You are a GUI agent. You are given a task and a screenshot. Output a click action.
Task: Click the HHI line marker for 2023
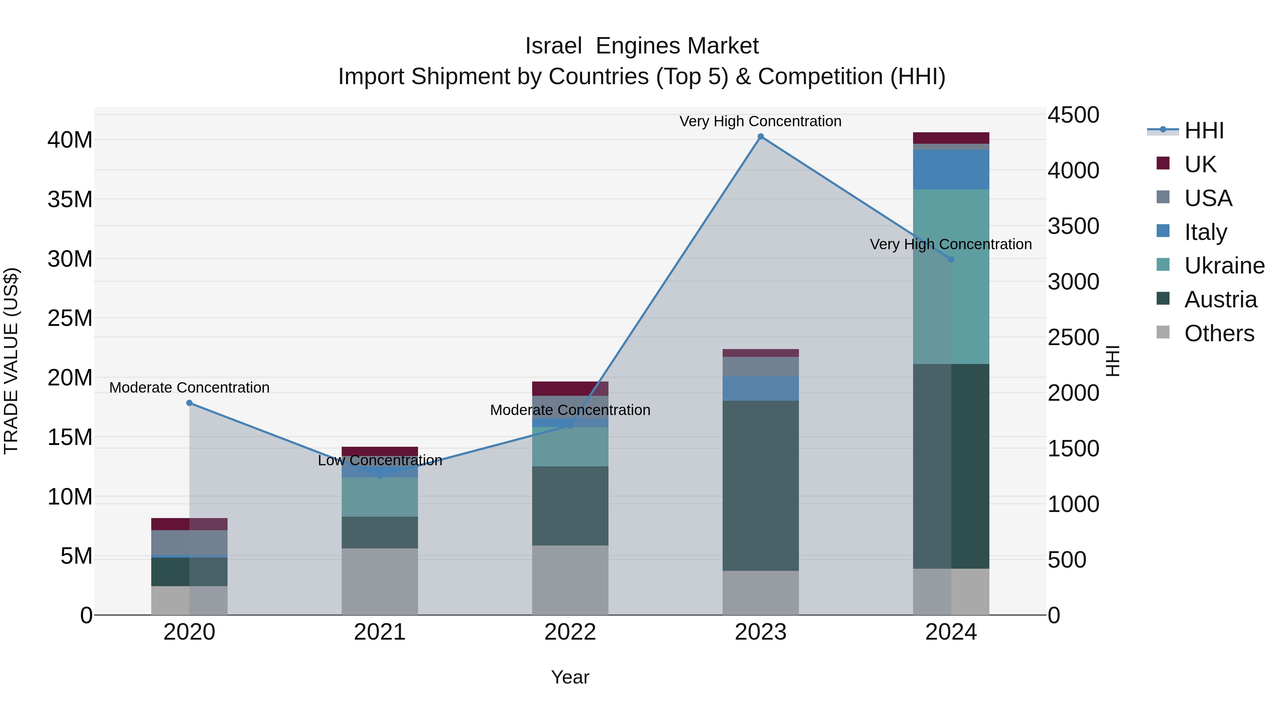coord(761,137)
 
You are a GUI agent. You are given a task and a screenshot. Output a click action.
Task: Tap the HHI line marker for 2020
coord(189,403)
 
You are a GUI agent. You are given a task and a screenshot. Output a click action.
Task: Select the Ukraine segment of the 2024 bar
coord(951,277)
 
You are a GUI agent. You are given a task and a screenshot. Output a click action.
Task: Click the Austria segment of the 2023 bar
coord(761,486)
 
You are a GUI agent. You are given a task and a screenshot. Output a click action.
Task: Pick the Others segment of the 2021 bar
coord(380,582)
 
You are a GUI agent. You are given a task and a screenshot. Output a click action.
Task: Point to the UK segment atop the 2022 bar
coord(570,389)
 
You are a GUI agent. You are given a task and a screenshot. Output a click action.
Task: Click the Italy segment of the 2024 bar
coord(951,169)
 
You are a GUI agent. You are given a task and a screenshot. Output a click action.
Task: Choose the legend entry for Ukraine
coord(1224,266)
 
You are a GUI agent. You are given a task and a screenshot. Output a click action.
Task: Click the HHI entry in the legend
coord(1204,130)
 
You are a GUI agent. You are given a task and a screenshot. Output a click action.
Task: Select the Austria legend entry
coord(1220,299)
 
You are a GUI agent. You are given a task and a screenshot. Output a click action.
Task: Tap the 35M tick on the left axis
coord(70,199)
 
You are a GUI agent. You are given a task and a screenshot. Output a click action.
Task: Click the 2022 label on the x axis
coord(570,632)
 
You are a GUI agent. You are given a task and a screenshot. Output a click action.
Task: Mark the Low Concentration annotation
coord(380,460)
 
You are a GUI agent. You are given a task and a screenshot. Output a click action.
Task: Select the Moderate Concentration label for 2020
coord(189,387)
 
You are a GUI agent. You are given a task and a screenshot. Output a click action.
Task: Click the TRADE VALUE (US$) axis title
coord(11,361)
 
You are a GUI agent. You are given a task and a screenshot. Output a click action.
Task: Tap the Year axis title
coord(570,677)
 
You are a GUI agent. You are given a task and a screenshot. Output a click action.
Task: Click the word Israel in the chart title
coord(553,46)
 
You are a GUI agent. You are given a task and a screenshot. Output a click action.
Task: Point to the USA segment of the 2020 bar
coord(189,543)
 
